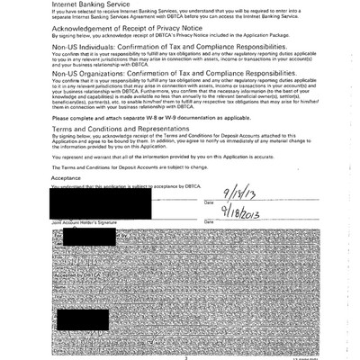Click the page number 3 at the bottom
click(184, 357)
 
